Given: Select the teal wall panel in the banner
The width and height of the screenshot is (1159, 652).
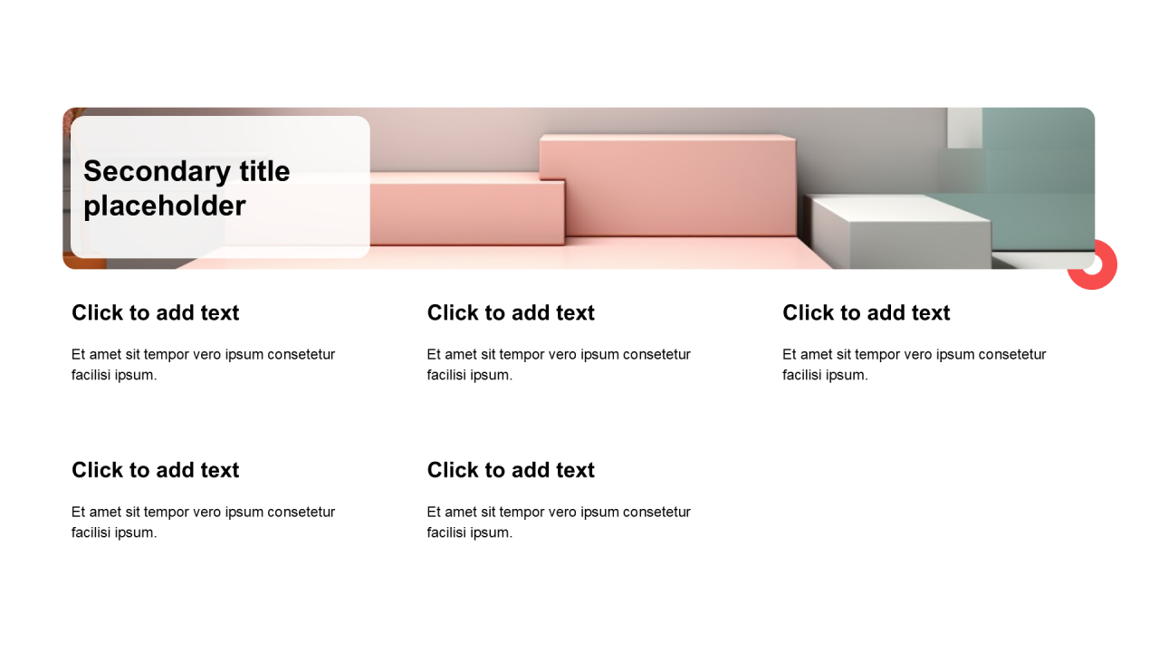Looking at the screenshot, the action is pyautogui.click(x=1039, y=178).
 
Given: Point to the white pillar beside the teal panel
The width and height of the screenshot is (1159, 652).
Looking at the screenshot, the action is pyautogui.click(x=964, y=128).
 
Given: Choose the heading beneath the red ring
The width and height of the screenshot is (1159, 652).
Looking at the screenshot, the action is pyautogui.click(x=867, y=313).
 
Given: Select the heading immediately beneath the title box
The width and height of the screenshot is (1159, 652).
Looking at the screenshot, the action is pyautogui.click(x=155, y=313).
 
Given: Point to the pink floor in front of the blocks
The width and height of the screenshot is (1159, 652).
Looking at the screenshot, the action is pyautogui.click(x=507, y=256).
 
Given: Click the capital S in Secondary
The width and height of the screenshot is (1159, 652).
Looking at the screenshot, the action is pyautogui.click(x=93, y=172).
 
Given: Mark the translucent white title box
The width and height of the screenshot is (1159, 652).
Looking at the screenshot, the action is pyautogui.click(x=220, y=187).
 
